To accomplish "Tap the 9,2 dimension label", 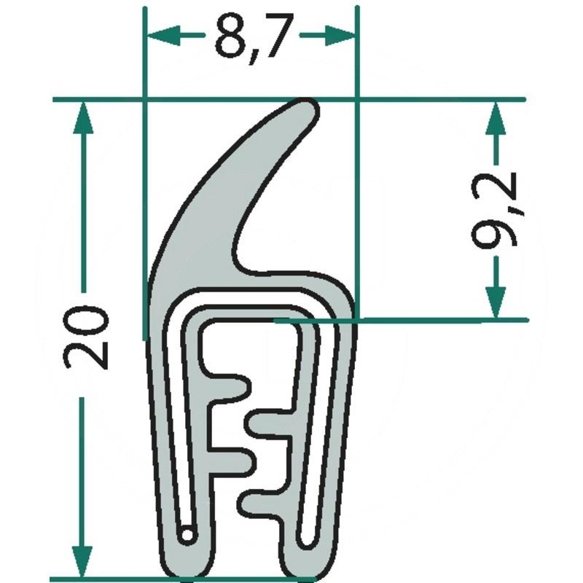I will (x=498, y=209).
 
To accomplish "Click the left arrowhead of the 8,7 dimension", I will (x=162, y=34).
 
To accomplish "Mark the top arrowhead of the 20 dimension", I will (x=85, y=117).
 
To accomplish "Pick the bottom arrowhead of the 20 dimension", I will (x=85, y=561).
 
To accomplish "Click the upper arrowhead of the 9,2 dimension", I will (x=496, y=117).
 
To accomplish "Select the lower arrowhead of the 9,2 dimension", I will (x=496, y=300).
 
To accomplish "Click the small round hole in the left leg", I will (x=188, y=534).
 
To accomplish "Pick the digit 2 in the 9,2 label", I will (x=498, y=188).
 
